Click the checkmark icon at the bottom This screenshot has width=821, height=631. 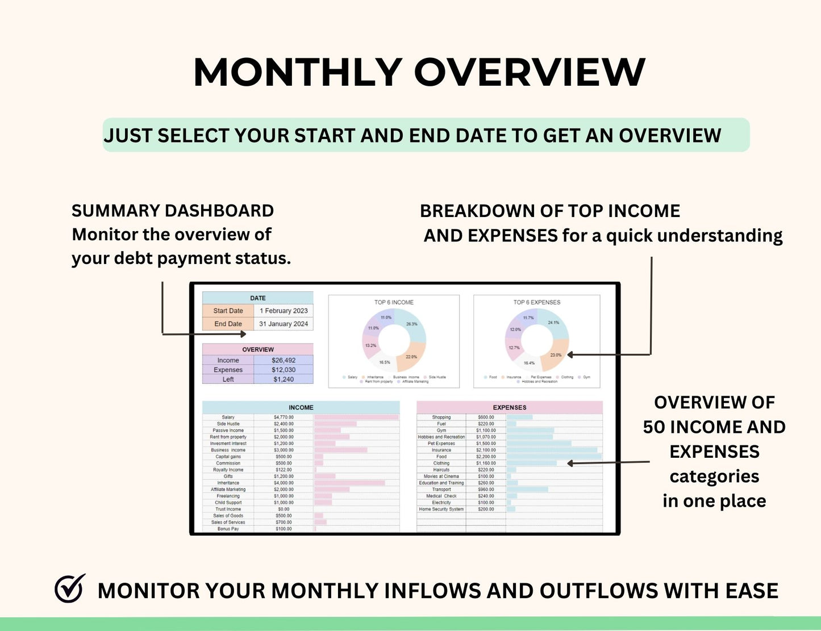point(69,588)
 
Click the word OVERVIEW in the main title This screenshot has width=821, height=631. point(530,73)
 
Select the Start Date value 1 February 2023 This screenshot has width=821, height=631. point(284,311)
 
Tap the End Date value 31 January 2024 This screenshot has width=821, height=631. point(284,324)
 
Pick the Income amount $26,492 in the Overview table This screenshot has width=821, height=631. point(283,360)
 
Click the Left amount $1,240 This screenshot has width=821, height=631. point(283,379)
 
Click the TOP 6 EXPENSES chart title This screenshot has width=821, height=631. point(536,302)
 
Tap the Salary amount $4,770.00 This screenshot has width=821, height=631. point(284,417)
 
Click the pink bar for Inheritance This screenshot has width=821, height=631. point(349,483)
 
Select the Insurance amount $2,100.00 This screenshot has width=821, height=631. point(486,450)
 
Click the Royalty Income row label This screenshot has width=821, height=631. point(228,470)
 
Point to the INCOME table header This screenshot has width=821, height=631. point(301,407)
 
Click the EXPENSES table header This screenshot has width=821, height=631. point(509,407)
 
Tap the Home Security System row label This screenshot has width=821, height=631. point(441,509)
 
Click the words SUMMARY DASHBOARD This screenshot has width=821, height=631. point(173,211)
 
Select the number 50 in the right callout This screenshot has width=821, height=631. point(654,427)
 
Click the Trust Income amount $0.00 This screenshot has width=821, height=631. point(284,509)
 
